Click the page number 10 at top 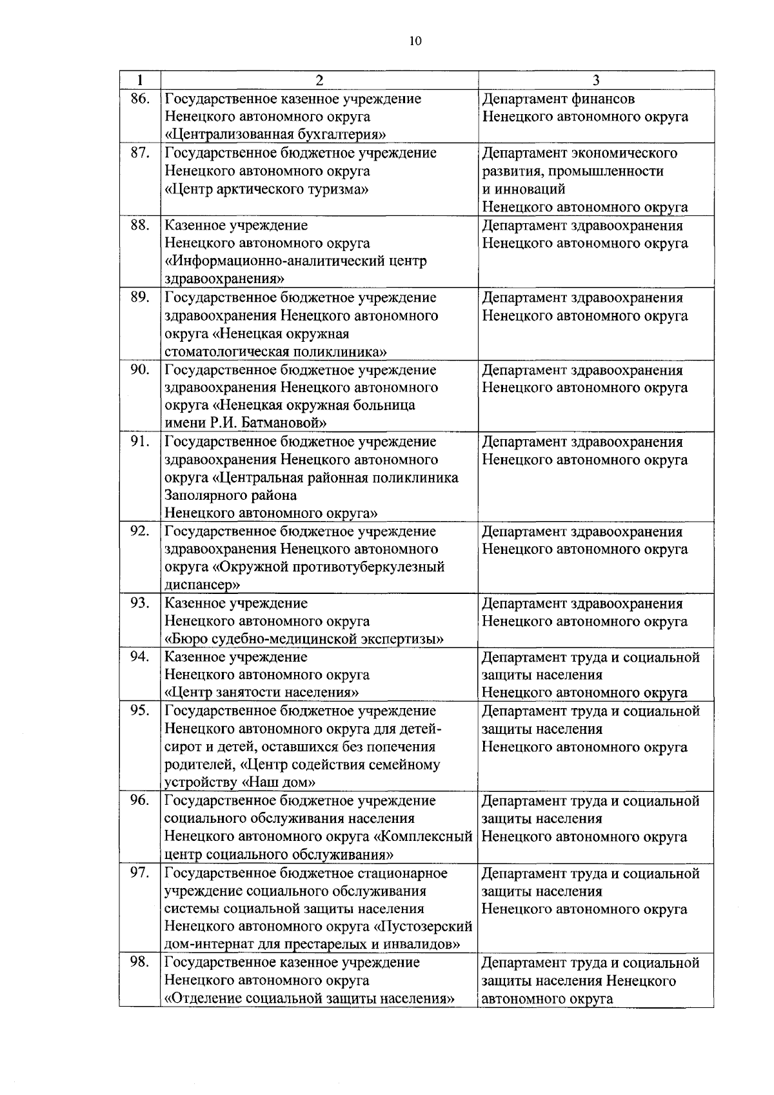tap(415, 41)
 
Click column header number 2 tap(319, 81)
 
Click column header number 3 tap(595, 81)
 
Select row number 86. tap(140, 99)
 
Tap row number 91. tap(140, 442)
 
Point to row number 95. tap(140, 711)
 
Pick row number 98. tap(140, 962)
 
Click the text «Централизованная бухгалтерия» tap(276, 135)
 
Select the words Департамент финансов tap(558, 99)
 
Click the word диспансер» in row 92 tap(203, 585)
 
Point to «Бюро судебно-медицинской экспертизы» tap(304, 639)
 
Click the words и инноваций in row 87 tap(524, 189)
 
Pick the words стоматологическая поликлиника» tap(276, 351)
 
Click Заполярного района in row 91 tap(231, 495)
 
